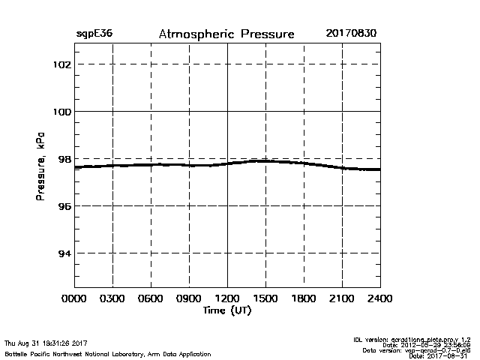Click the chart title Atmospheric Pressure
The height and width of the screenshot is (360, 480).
(226, 34)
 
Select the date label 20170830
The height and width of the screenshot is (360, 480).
(352, 34)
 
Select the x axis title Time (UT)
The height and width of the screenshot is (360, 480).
(227, 310)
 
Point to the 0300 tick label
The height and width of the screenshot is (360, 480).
(112, 298)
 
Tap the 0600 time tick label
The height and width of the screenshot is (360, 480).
(151, 298)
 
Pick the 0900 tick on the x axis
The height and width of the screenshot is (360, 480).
(189, 298)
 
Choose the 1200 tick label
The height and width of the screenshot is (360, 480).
(227, 298)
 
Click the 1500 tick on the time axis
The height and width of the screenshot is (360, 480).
(265, 298)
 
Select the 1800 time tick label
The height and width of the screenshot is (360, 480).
(304, 298)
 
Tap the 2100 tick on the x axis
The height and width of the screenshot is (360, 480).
(342, 298)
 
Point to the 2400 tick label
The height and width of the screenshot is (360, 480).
(379, 298)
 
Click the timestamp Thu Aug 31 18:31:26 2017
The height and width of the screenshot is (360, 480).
(46, 343)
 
